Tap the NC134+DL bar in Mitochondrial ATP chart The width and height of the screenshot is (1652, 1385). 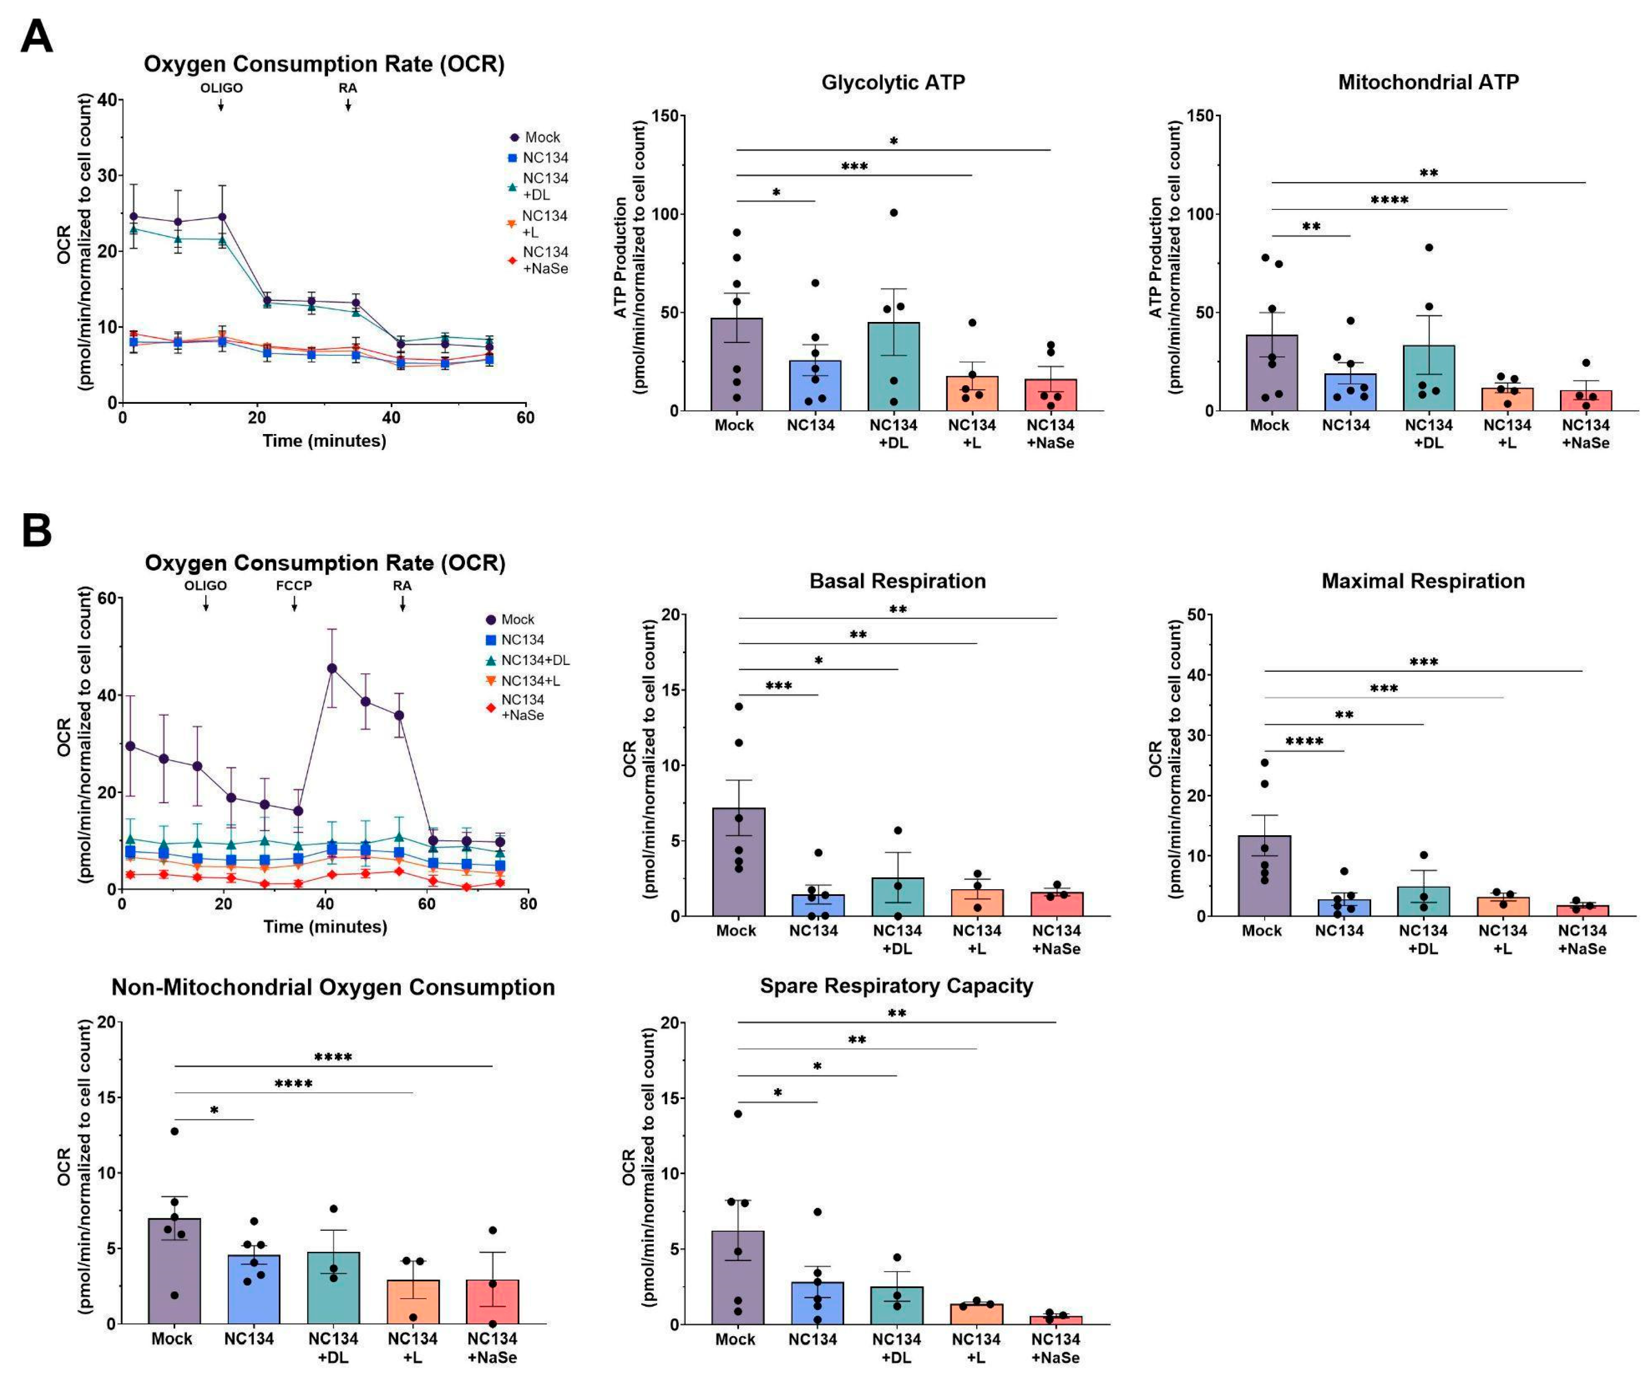point(1429,377)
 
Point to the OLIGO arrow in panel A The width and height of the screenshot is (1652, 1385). point(221,104)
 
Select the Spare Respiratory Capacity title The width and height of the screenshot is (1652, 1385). point(896,986)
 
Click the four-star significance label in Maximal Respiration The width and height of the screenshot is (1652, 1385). point(1304,741)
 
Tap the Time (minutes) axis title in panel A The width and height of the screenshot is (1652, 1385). point(324,440)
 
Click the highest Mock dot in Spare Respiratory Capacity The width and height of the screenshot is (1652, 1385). point(738,1113)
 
